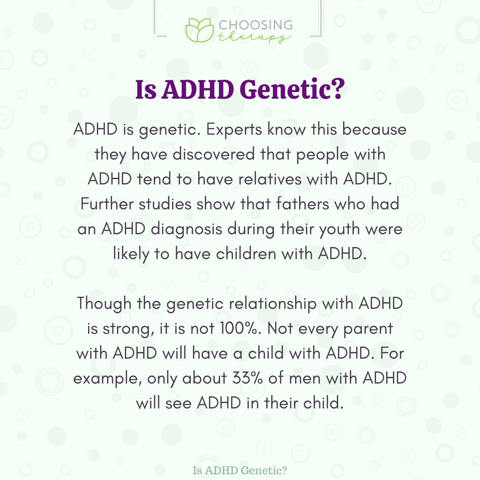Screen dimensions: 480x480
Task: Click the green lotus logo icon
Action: tap(200, 30)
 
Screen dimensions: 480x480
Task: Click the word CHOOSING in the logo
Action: tap(256, 25)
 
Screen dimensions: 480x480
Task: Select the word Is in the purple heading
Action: tap(146, 89)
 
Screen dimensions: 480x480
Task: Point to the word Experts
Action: tap(234, 130)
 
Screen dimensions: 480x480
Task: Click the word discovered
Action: tap(214, 154)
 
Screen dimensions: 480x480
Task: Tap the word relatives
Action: tap(270, 179)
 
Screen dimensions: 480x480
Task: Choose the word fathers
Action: tap(303, 204)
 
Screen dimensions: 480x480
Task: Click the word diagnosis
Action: tap(186, 229)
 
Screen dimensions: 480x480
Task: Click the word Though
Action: tap(104, 304)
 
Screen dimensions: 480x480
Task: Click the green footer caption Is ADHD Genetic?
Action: tap(240, 471)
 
